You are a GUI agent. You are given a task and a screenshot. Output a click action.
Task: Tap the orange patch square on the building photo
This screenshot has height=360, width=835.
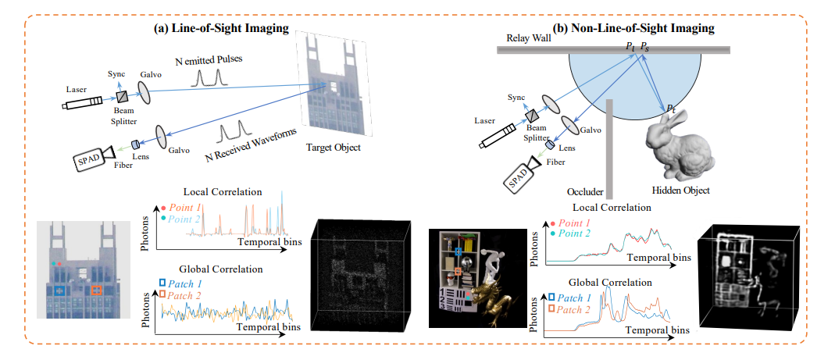(x=97, y=290)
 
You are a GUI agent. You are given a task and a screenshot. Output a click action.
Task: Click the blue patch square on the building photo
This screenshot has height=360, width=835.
(x=59, y=290)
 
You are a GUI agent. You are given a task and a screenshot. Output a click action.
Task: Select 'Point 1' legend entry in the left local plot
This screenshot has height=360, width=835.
(x=186, y=209)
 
